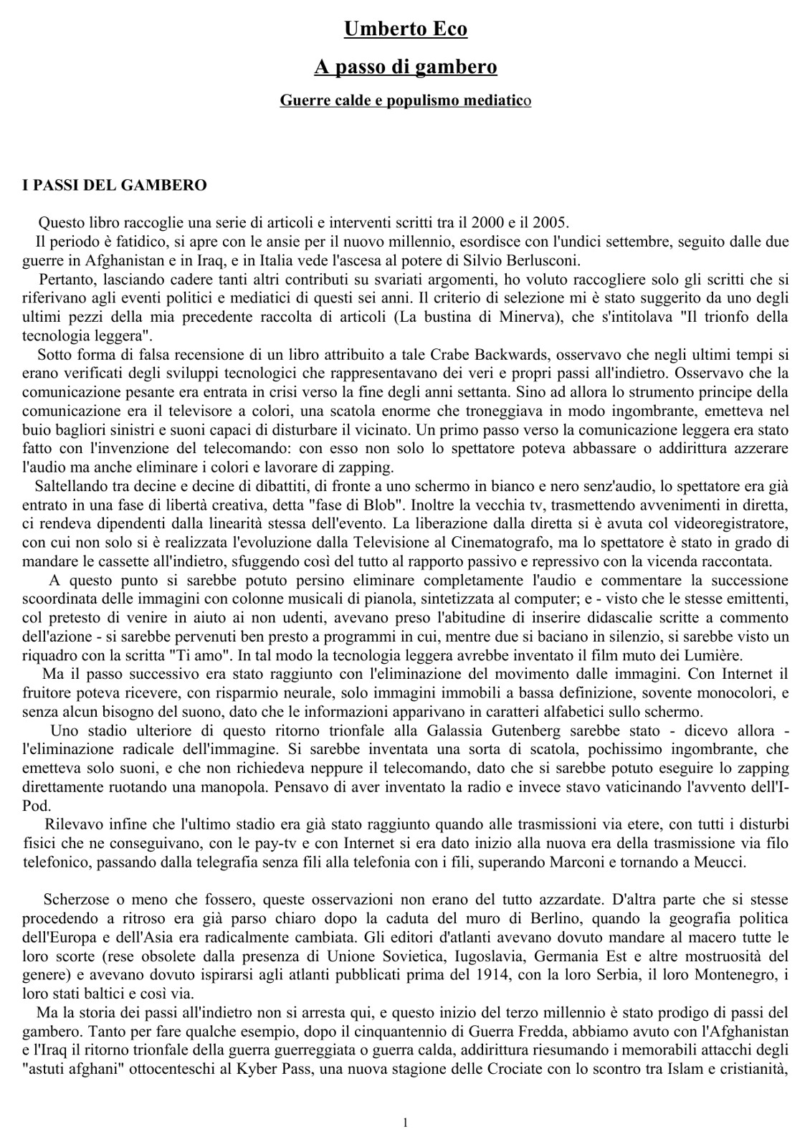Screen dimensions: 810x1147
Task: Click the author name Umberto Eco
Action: [405, 29]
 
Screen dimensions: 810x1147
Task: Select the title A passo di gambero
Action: [405, 67]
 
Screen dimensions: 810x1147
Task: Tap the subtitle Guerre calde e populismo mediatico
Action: [405, 101]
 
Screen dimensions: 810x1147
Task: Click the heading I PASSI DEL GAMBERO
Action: [115, 186]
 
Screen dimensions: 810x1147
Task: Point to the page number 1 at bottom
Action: [405, 1123]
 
